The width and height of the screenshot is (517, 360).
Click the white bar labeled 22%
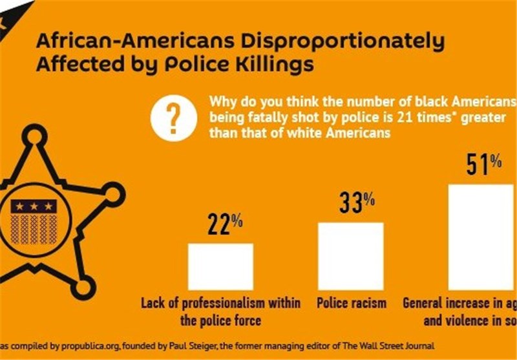pyautogui.click(x=220, y=266)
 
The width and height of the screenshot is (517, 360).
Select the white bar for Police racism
pyautogui.click(x=351, y=256)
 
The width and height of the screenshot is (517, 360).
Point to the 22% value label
pyautogui.click(x=225, y=225)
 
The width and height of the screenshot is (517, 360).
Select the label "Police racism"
pyautogui.click(x=352, y=303)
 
